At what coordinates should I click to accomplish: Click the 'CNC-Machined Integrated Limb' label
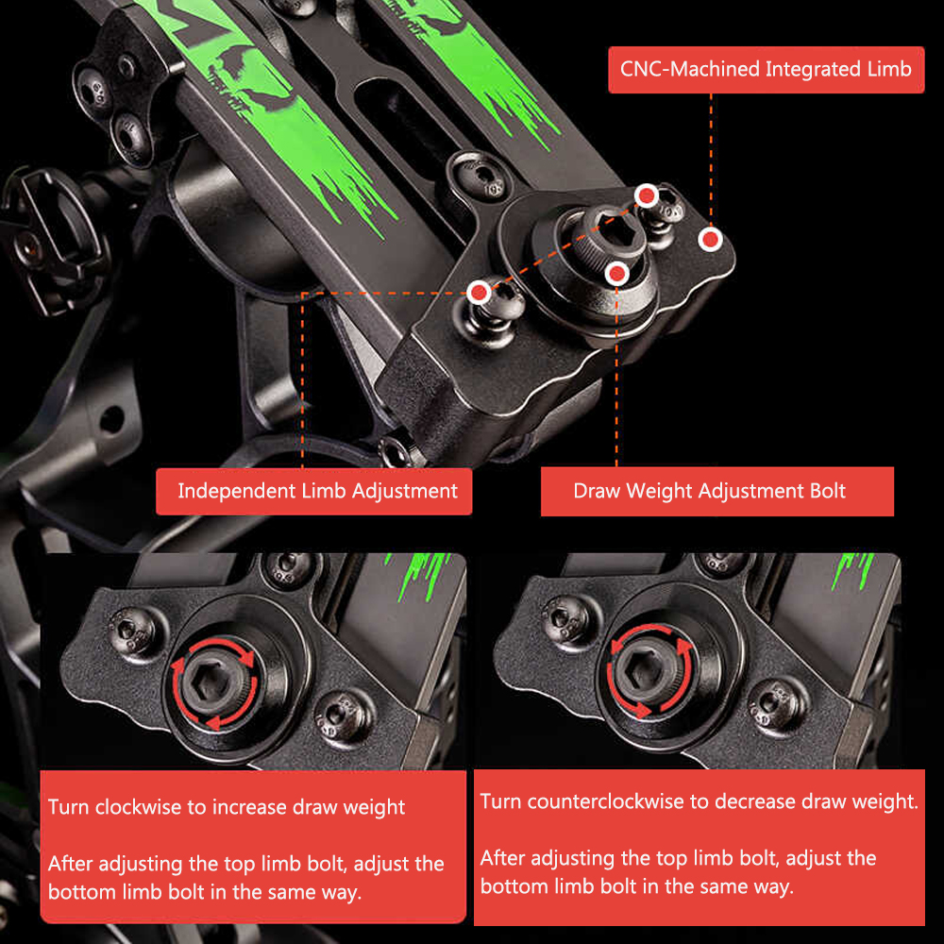click(x=766, y=69)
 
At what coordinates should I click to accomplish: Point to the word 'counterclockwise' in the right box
click(x=606, y=801)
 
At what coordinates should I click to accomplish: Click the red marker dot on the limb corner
click(x=711, y=240)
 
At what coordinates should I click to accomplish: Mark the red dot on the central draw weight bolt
click(x=616, y=275)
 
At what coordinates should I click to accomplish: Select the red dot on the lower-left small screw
click(x=480, y=294)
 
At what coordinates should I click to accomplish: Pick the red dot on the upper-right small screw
click(x=647, y=195)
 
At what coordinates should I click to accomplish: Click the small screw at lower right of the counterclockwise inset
click(x=775, y=702)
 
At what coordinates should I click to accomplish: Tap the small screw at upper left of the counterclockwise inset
click(x=564, y=618)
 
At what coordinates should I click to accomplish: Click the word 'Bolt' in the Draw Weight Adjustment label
click(x=827, y=491)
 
